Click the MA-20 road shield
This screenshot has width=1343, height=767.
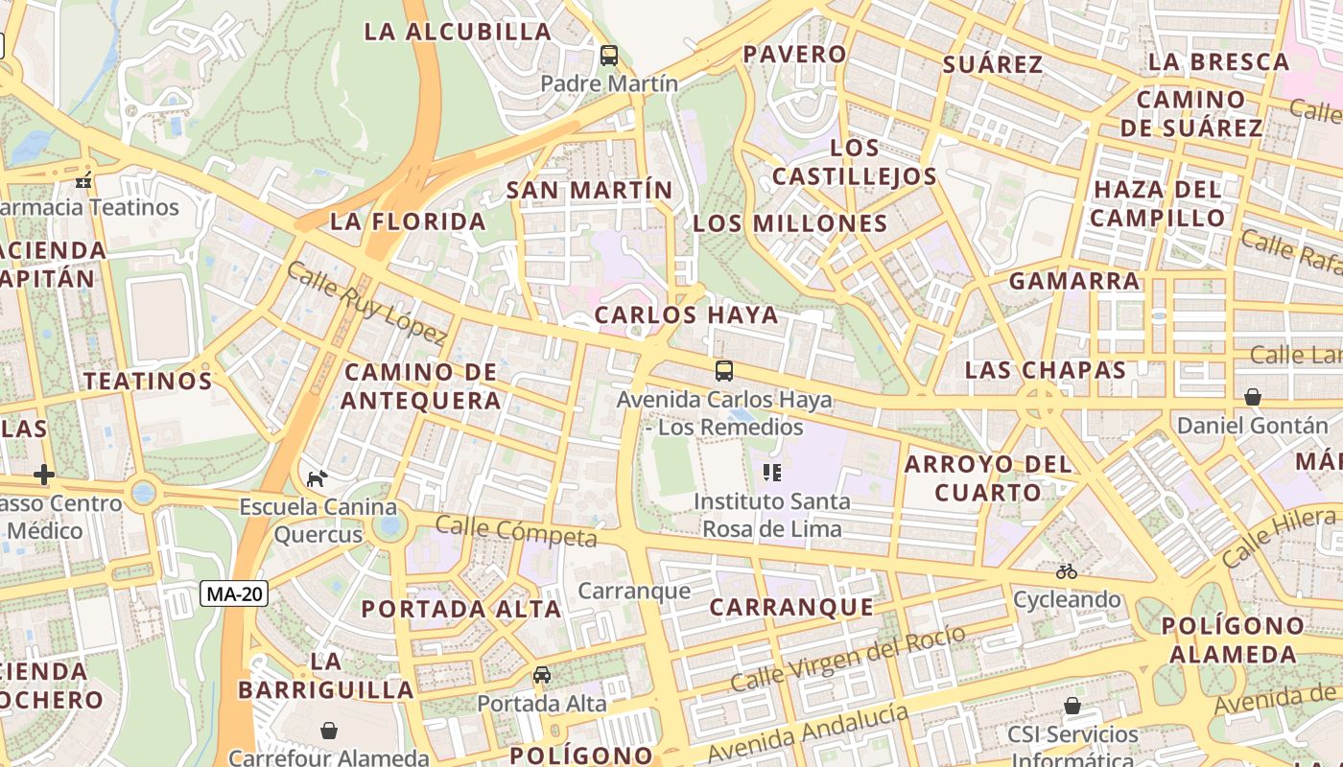[234, 594]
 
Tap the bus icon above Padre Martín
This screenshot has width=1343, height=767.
[609, 56]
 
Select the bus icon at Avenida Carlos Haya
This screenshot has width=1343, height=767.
[724, 371]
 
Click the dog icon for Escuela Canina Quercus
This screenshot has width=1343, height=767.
[317, 478]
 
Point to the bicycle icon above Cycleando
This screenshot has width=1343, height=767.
[1067, 571]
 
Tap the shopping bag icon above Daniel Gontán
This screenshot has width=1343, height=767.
[1252, 396]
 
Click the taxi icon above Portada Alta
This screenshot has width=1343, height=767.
[542, 675]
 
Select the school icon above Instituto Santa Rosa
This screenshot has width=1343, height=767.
[772, 472]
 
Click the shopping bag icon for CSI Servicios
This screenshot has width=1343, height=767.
[1072, 706]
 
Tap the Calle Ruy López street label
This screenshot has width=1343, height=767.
[367, 303]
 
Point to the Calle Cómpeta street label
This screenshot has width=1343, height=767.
[516, 531]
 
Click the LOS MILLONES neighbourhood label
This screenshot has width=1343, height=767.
[790, 223]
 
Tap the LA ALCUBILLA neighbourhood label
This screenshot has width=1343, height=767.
[459, 32]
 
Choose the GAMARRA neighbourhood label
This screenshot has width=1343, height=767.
[1073, 281]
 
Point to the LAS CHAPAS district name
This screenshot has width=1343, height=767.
[1045, 370]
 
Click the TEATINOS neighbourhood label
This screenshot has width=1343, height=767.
[147, 381]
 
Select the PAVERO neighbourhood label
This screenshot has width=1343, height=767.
[795, 55]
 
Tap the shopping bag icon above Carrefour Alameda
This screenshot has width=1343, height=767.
[329, 732]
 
